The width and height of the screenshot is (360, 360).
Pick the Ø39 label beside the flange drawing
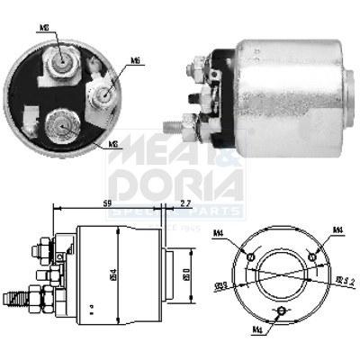(220, 287)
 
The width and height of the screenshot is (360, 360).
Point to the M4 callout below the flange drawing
(259, 329)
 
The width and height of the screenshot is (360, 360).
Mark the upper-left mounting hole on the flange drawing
(253, 256)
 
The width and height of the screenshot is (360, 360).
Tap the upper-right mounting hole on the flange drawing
(311, 256)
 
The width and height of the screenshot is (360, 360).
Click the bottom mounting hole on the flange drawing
(283, 310)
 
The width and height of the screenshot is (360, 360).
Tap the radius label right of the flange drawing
(346, 283)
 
